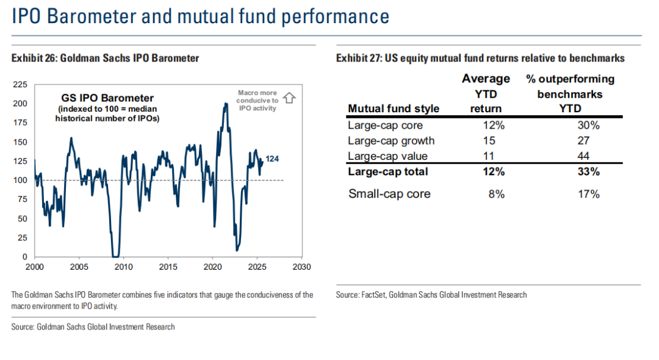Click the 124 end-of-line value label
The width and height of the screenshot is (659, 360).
click(x=273, y=159)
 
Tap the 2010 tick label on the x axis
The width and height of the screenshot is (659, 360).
click(x=123, y=267)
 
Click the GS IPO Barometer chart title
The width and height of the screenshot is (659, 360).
click(x=107, y=98)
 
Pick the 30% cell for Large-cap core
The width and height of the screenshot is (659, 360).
click(x=588, y=126)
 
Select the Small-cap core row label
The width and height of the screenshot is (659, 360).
click(x=389, y=194)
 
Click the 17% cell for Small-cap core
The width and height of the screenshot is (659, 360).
click(x=588, y=194)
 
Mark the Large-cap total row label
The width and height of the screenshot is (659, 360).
click(x=387, y=171)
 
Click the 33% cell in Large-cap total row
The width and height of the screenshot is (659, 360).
click(x=588, y=171)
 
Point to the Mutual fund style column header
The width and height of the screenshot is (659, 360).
click(x=394, y=109)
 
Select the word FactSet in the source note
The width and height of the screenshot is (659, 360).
click(x=372, y=295)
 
